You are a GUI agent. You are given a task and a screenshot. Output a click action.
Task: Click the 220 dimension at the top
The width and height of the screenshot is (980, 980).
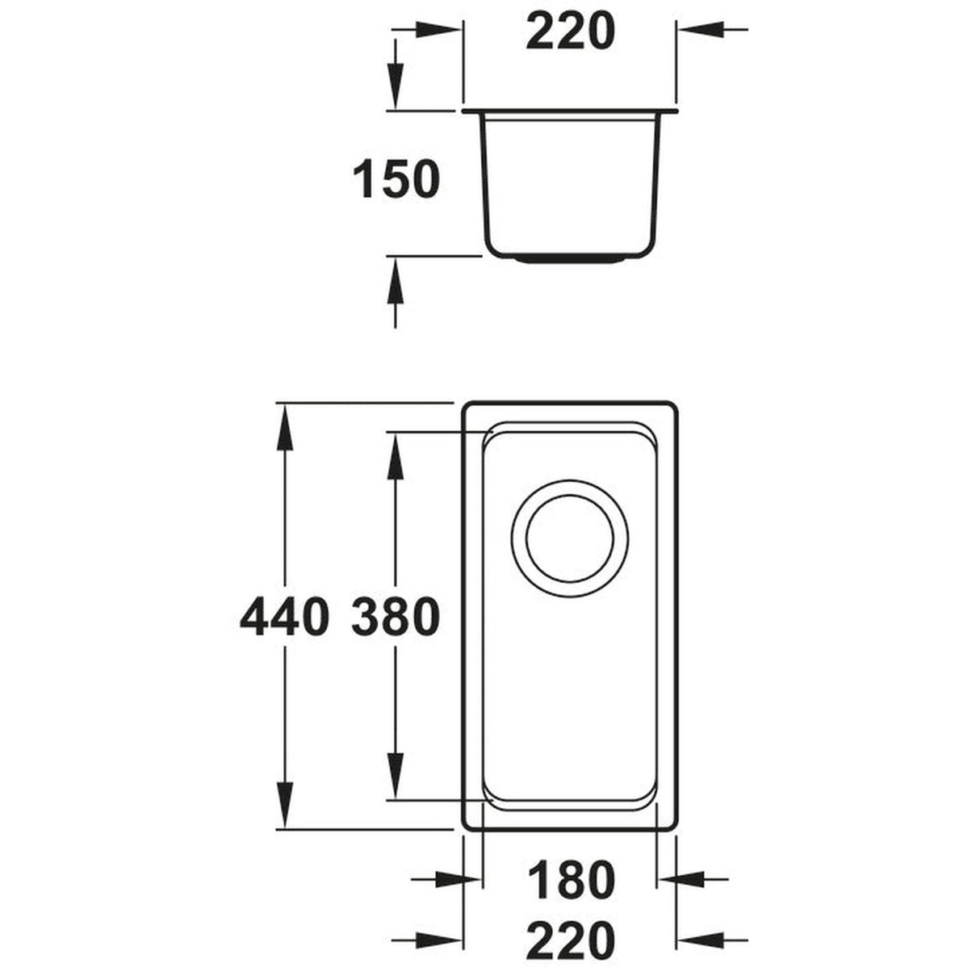pyautogui.click(x=570, y=31)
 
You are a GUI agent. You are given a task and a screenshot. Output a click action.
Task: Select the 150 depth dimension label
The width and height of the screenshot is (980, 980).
pyautogui.click(x=396, y=179)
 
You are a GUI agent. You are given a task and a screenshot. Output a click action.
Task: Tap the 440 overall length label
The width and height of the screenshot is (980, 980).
pyautogui.click(x=285, y=618)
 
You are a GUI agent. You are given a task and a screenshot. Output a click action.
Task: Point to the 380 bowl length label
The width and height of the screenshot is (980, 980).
pyautogui.click(x=396, y=618)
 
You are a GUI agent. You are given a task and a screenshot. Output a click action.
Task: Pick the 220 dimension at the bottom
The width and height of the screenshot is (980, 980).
pyautogui.click(x=569, y=941)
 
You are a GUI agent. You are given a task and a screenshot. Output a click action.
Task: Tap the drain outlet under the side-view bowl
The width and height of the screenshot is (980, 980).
pyautogui.click(x=570, y=259)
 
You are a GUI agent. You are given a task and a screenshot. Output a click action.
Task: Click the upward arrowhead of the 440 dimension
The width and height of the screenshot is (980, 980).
pyautogui.click(x=284, y=425)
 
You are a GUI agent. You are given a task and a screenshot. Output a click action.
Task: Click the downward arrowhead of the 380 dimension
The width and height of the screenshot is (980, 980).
pyautogui.click(x=396, y=777)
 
